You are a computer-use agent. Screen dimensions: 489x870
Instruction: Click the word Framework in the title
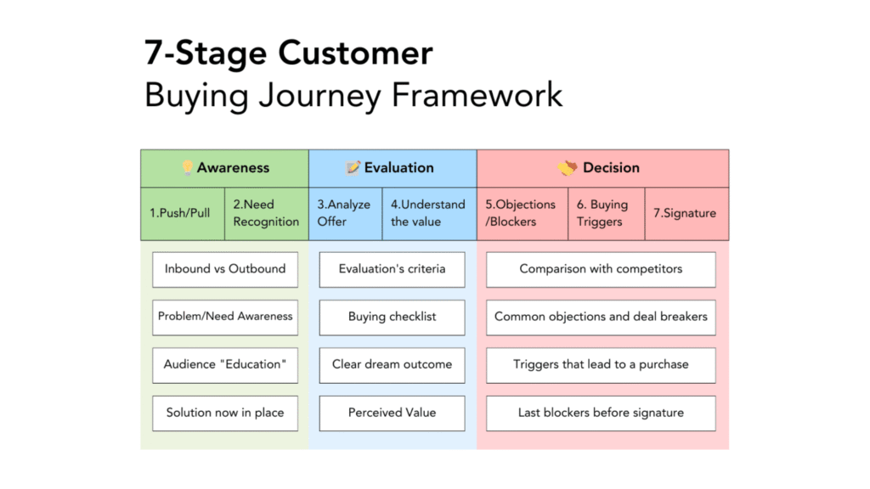(477, 94)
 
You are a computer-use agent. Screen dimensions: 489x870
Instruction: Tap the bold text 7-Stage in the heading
(201, 53)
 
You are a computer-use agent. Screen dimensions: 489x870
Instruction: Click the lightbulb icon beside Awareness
(188, 168)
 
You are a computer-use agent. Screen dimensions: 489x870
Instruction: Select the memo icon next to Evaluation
(353, 168)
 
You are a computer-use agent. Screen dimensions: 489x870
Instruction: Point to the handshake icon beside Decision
(568, 168)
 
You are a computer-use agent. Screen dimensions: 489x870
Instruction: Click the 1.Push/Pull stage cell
(182, 213)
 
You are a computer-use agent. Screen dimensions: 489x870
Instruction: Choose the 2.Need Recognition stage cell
(266, 213)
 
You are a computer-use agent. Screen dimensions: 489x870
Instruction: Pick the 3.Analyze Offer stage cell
(345, 213)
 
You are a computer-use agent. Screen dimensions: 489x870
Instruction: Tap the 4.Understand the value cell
(428, 213)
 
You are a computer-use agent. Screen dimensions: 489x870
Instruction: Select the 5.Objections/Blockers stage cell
(521, 213)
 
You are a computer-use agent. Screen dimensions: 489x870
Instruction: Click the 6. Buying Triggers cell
(602, 213)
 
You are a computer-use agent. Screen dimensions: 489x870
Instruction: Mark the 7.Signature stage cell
(686, 213)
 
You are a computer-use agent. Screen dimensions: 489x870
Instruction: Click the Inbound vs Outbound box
(225, 269)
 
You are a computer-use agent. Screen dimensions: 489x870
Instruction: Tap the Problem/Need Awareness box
(225, 317)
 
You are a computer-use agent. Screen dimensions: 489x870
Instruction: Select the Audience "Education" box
(225, 364)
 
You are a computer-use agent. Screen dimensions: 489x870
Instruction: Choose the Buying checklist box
(392, 317)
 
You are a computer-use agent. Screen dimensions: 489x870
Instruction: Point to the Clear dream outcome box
(392, 364)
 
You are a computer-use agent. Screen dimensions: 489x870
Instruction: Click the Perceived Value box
(392, 413)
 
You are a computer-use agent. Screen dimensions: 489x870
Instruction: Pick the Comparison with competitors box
(601, 269)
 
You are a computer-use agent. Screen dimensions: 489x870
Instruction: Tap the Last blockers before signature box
(601, 413)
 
